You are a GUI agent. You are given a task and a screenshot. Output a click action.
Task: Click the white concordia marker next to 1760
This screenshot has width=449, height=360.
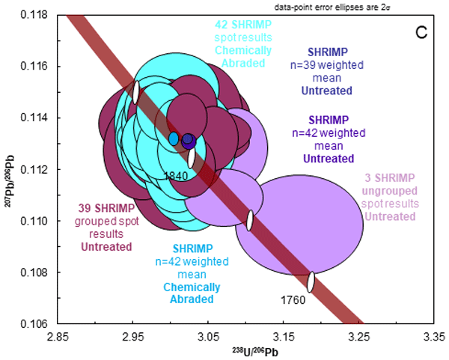[x=311, y=282]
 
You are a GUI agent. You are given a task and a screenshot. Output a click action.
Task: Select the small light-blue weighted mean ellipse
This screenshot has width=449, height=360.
[x=174, y=138]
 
